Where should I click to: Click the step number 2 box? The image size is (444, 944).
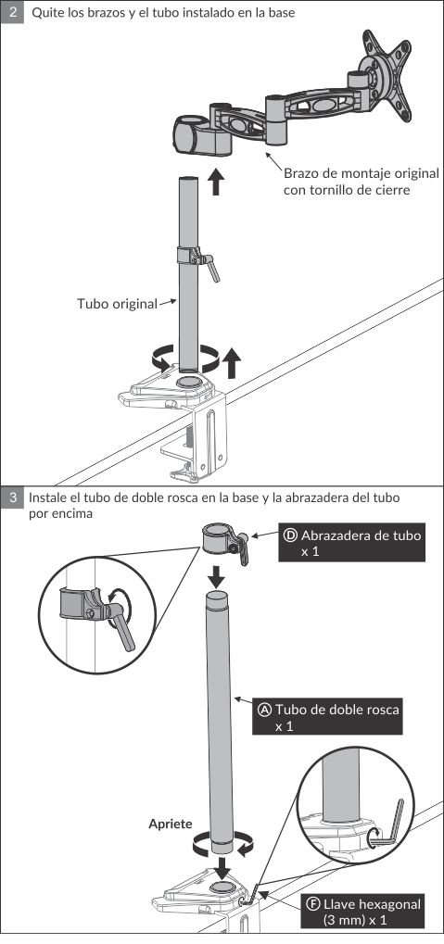[12, 12]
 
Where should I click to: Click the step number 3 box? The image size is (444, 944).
[12, 497]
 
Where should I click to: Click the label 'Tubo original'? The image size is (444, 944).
[116, 304]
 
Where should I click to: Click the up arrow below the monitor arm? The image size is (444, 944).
[216, 182]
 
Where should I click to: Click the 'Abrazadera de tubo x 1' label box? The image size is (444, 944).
[352, 543]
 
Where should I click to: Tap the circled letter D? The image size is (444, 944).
[290, 535]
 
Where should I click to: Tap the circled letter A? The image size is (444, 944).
[264, 710]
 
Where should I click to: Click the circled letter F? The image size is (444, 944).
[312, 904]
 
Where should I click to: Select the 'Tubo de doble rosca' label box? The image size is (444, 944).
[327, 716]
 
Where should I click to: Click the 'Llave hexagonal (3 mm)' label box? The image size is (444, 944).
[362, 912]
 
